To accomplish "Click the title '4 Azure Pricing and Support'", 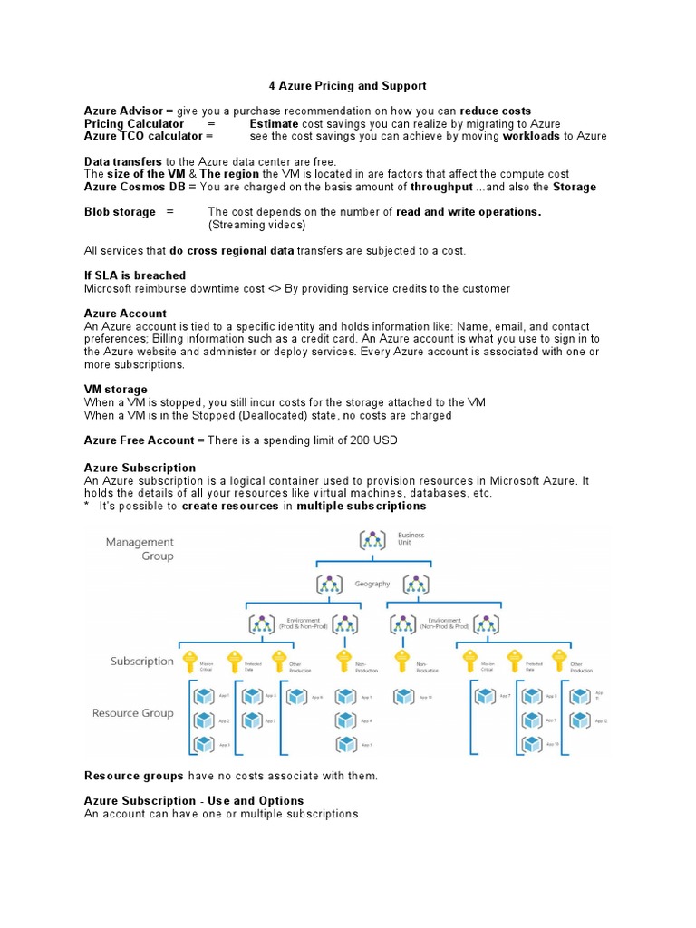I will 347,86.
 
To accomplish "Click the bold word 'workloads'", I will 531,137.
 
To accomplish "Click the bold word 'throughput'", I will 441,187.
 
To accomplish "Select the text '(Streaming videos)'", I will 256,225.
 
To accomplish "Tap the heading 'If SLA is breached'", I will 134,275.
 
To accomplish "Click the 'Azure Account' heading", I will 125,314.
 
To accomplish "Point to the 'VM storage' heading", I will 115,390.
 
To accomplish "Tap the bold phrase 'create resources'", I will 230,507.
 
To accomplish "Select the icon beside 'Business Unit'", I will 372,540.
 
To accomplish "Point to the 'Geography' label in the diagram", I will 372,584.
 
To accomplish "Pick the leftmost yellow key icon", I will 190,661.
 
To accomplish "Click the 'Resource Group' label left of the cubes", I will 133,713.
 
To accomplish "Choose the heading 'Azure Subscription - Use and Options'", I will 194,801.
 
